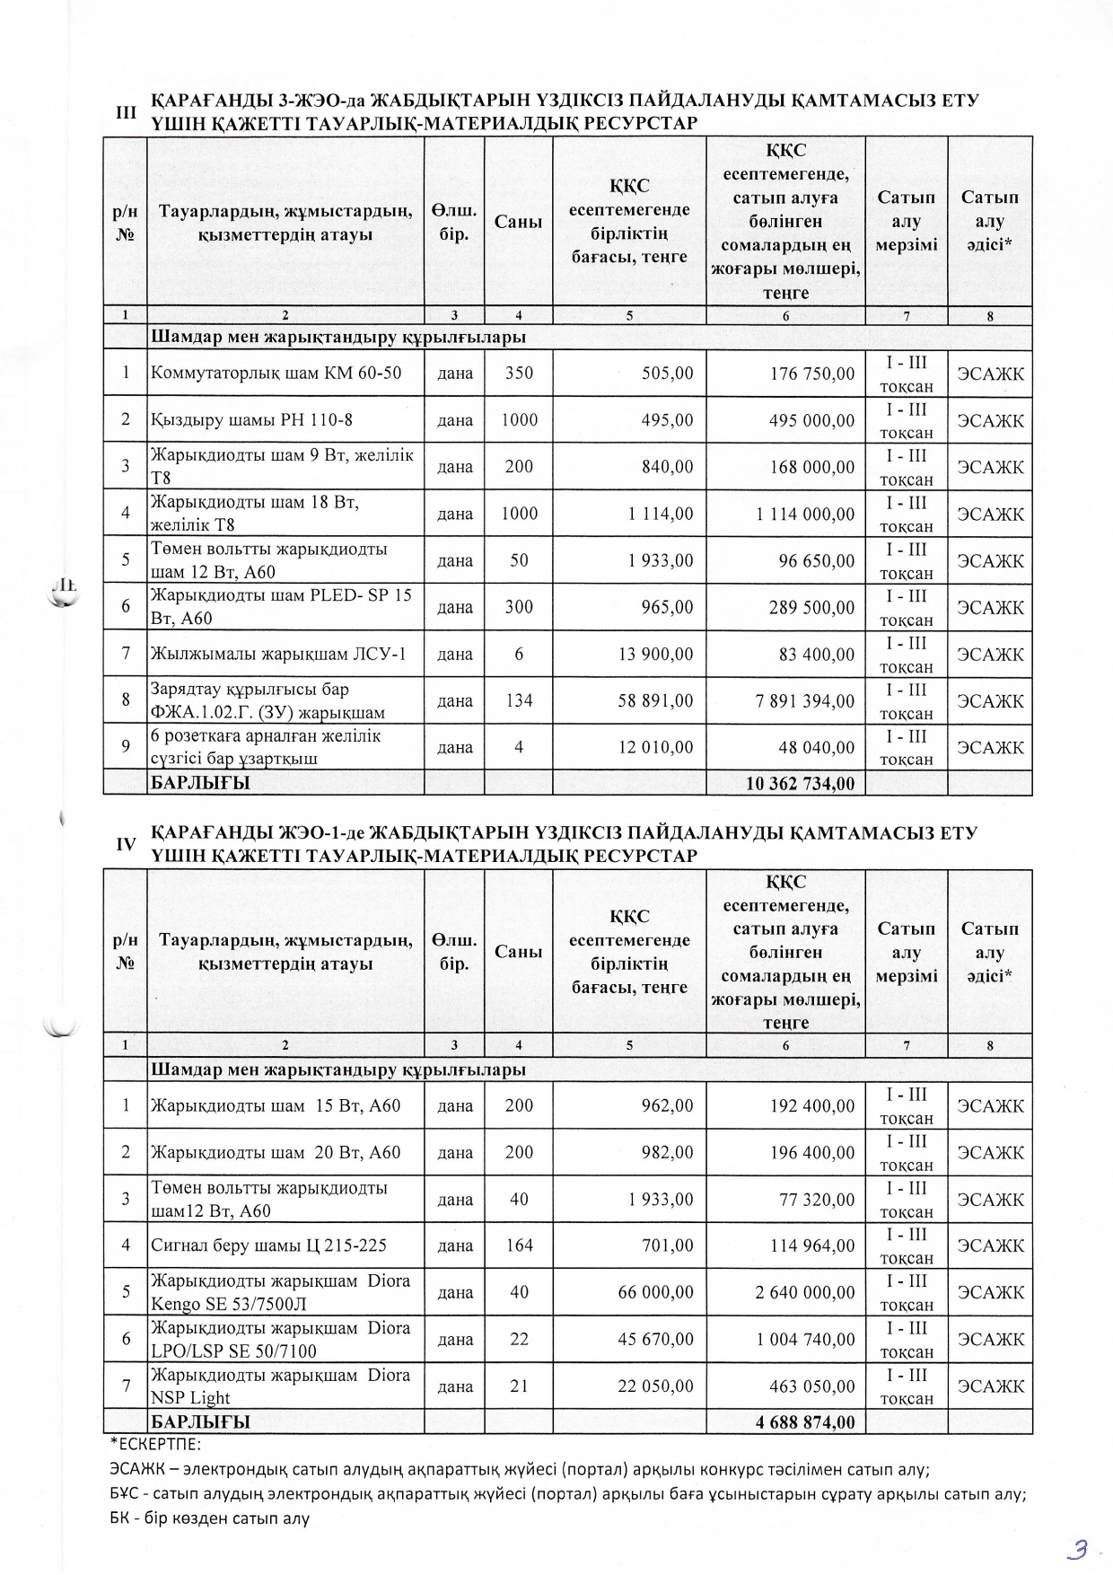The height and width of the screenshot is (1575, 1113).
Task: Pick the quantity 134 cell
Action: (519, 700)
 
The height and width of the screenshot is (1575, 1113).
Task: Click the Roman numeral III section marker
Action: (127, 112)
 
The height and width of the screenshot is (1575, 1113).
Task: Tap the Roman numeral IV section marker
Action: (127, 844)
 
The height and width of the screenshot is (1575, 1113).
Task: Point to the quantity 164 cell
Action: (519, 1245)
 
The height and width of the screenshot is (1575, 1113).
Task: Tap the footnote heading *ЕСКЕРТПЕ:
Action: (155, 1445)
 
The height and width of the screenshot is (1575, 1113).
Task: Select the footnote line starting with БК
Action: (209, 1518)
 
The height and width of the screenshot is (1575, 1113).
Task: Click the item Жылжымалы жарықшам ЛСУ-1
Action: (278, 654)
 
